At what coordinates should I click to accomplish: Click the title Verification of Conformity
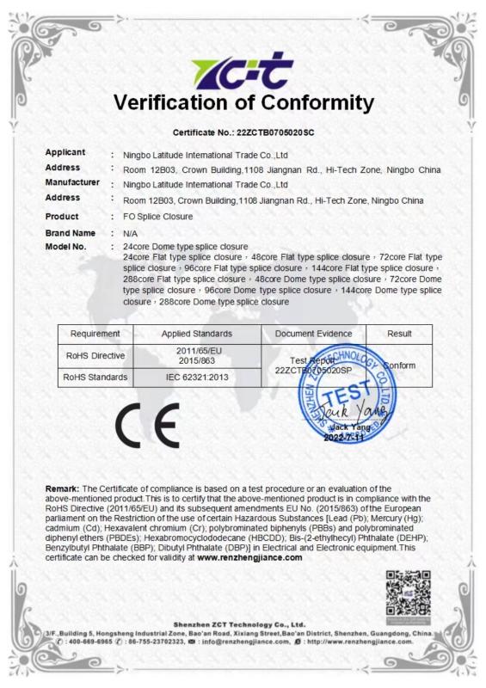coord(243,104)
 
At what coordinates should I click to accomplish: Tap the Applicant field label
coord(65,152)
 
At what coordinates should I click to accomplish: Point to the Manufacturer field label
coord(72,182)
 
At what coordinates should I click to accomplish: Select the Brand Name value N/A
coord(131,233)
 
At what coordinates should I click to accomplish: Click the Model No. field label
coord(66,247)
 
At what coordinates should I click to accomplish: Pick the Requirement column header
coord(95,333)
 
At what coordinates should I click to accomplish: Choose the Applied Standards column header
coord(197,333)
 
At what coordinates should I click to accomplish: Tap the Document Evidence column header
coord(314,333)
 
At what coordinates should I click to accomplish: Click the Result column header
coord(399,333)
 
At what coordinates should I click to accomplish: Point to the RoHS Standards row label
coord(95,377)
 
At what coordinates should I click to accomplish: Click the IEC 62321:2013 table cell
coord(197,377)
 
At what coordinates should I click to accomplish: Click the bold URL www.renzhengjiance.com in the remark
coord(249,557)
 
